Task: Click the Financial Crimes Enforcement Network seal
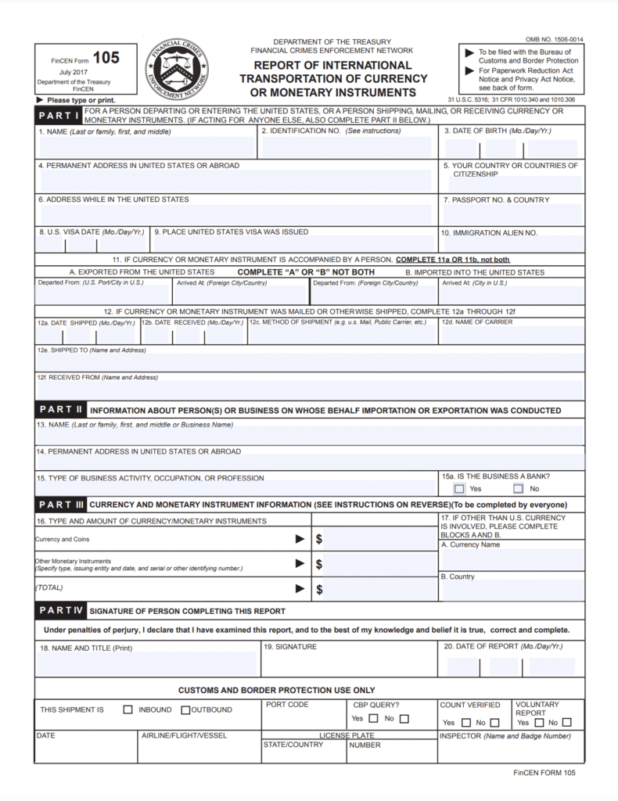pos(176,69)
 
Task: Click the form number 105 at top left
pos(106,58)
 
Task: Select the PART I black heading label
pos(59,116)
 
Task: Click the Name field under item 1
pos(146,146)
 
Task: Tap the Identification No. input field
pos(347,146)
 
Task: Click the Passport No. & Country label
pos(496,200)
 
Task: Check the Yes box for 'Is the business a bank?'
pos(459,489)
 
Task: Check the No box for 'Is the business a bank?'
pos(519,489)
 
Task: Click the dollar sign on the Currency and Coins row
pos(319,540)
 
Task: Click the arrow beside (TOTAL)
pos(300,588)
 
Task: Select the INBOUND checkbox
pos(128,710)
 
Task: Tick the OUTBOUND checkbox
pos(185,710)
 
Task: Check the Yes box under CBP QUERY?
pos(373,719)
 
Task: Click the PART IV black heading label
pos(61,610)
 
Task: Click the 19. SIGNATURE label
pos(290,647)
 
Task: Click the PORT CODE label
pos(288,705)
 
